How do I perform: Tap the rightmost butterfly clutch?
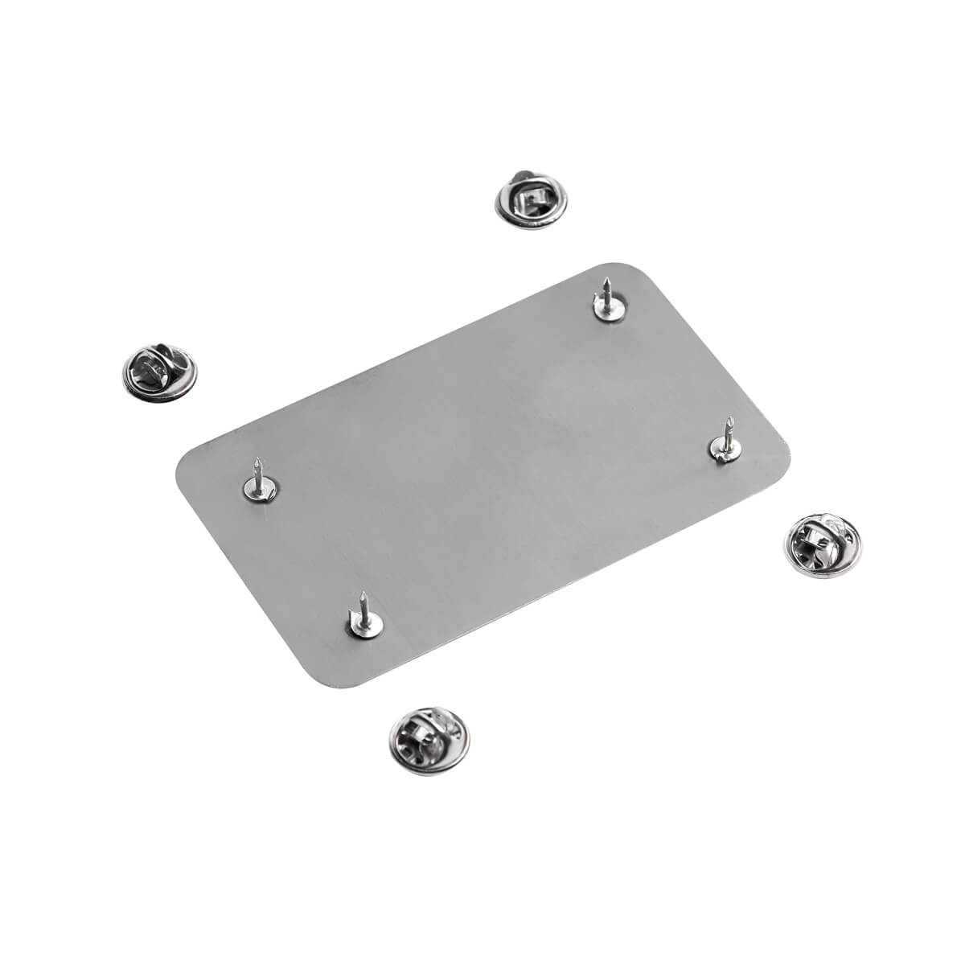819,544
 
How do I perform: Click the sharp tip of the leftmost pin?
257,459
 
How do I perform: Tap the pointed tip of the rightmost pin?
729,419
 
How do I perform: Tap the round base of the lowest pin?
364,623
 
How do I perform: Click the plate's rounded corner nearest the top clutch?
623,267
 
